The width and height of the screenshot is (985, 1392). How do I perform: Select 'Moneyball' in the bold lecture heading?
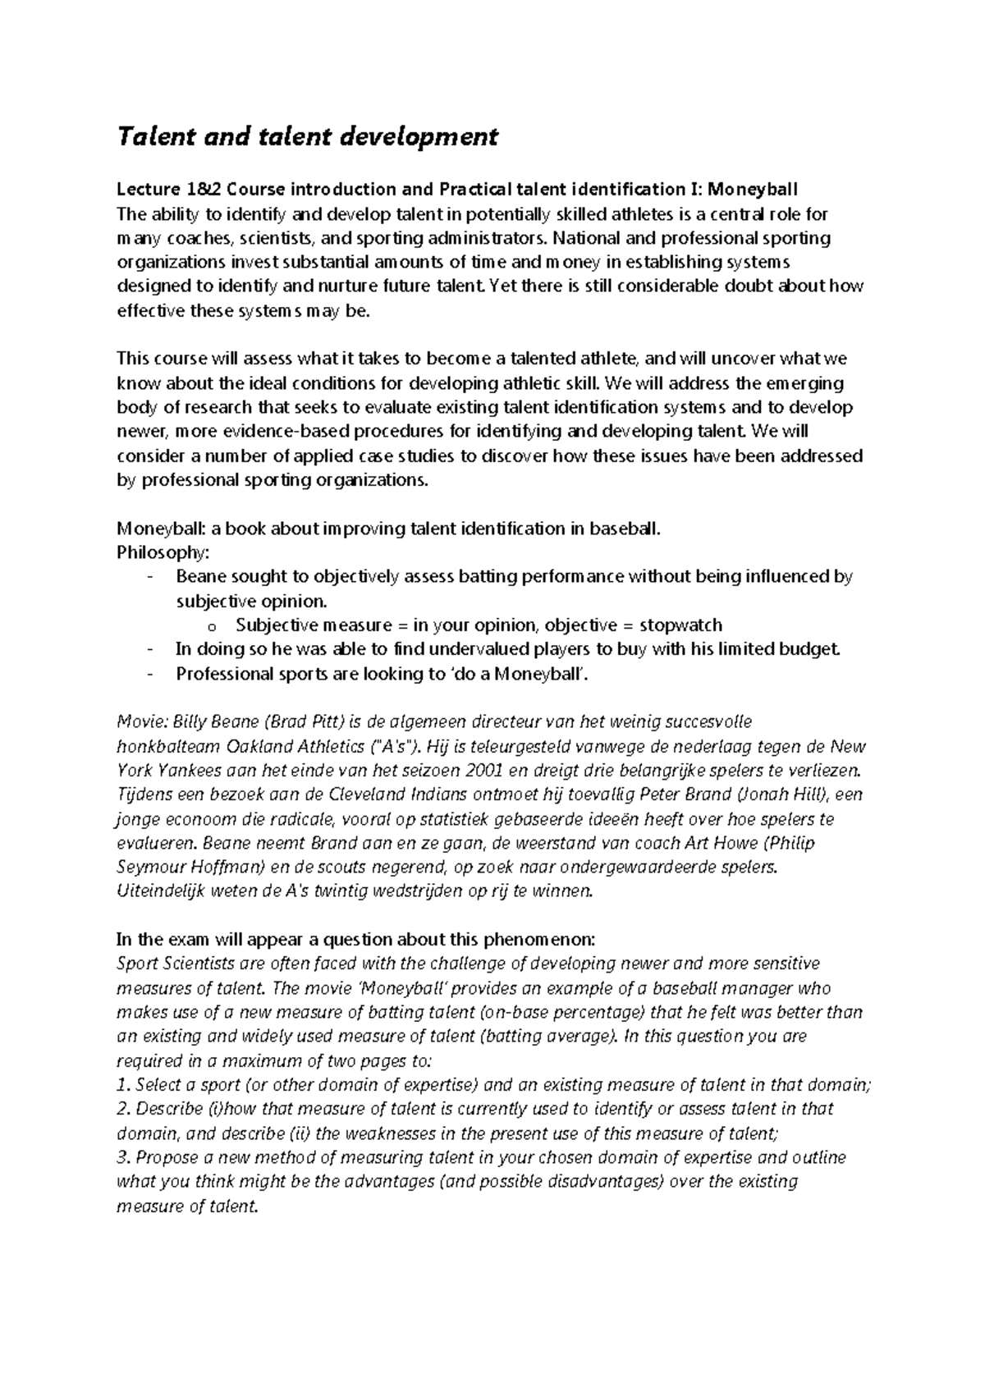tap(753, 190)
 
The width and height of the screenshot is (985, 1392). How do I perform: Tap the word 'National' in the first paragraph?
tap(586, 239)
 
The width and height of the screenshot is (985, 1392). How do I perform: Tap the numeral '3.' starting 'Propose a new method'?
tap(124, 1158)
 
